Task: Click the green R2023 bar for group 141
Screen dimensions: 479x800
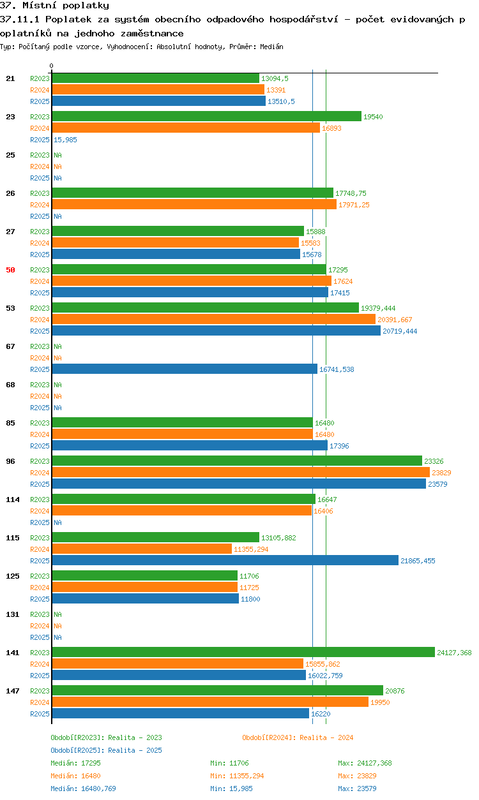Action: click(243, 652)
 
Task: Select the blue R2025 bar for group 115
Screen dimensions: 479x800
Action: click(225, 560)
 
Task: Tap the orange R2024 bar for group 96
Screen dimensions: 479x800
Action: click(241, 473)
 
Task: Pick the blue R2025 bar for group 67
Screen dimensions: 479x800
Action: click(185, 369)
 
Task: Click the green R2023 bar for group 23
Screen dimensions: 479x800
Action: click(207, 117)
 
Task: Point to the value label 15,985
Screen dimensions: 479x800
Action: click(65, 140)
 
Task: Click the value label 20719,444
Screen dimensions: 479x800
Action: click(400, 331)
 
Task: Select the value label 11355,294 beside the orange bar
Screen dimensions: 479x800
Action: click(251, 549)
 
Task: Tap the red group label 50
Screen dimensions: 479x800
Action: click(10, 270)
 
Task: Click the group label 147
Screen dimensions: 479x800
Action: click(13, 691)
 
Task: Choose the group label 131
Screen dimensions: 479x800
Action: click(13, 614)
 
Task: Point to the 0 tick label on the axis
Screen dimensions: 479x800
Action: click(52, 66)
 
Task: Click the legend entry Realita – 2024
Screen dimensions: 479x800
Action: click(326, 737)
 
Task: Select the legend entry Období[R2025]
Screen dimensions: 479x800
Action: click(75, 750)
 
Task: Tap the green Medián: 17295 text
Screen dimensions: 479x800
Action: click(76, 763)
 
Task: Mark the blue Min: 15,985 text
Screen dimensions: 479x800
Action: click(231, 789)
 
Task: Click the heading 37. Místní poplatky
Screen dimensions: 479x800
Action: click(54, 5)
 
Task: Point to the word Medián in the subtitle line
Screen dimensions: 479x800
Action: click(271, 47)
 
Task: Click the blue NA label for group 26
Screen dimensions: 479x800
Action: click(57, 216)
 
